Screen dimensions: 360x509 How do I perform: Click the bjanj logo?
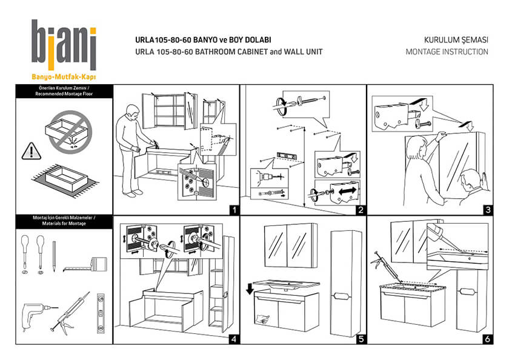click(x=64, y=45)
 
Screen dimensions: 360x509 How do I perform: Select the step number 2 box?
click(x=361, y=210)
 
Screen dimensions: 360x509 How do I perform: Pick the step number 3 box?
click(x=487, y=210)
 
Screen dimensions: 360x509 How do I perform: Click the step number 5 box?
click(x=361, y=339)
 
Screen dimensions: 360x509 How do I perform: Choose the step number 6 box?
click(x=487, y=339)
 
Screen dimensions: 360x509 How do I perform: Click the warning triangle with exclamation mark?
click(x=28, y=149)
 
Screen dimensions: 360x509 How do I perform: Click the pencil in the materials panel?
click(x=53, y=255)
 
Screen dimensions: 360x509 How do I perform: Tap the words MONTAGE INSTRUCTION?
click(x=447, y=52)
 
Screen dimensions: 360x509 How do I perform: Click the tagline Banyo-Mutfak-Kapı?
click(x=64, y=77)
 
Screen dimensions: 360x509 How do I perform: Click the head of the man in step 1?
click(x=131, y=112)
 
